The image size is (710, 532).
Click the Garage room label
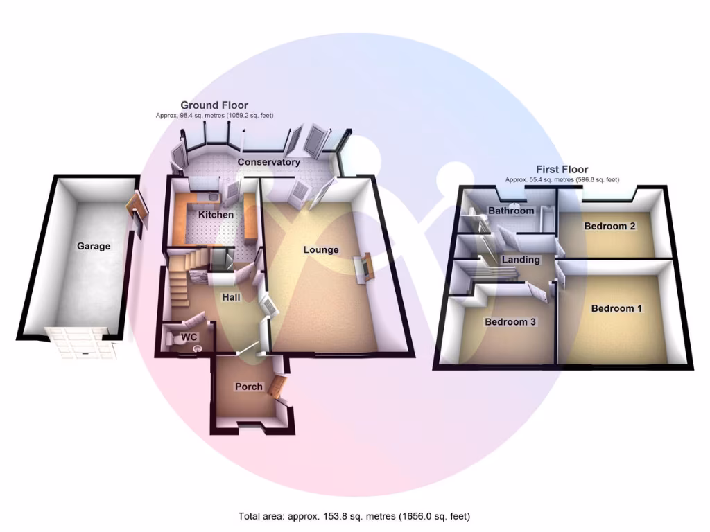coord(94,246)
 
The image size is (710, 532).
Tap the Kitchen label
coord(216,215)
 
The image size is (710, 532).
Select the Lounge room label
coord(320,249)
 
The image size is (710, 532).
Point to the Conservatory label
coord(269,162)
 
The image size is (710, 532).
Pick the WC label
coord(189,337)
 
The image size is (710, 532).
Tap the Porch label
coord(248,387)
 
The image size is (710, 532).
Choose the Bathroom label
coord(511,211)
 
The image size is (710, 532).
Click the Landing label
coord(521,260)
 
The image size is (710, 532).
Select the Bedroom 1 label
coord(616,308)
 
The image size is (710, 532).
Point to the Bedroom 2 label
coord(610,226)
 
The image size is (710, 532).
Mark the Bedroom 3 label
coord(510,322)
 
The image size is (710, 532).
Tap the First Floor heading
coord(562,170)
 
